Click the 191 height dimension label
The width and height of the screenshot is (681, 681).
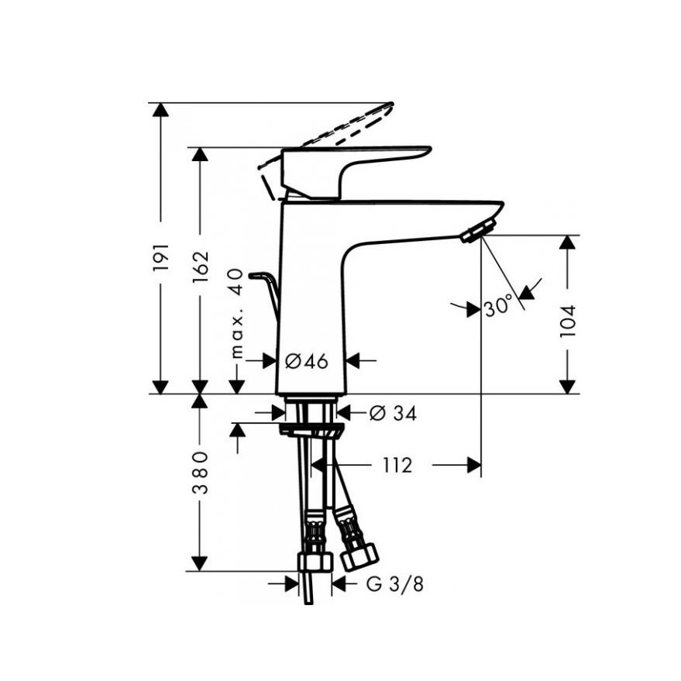[x=161, y=257]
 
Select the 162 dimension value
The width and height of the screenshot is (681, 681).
[x=201, y=267]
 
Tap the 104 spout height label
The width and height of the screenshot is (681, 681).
[x=567, y=322]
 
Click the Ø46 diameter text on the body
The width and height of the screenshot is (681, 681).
[x=307, y=361]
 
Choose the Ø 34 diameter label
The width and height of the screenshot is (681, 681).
[x=393, y=413]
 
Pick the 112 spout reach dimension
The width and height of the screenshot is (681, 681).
[x=397, y=465]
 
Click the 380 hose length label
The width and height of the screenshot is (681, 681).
[x=200, y=473]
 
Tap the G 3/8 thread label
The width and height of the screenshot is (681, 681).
[x=394, y=584]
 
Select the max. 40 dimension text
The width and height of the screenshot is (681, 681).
[x=237, y=313]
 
